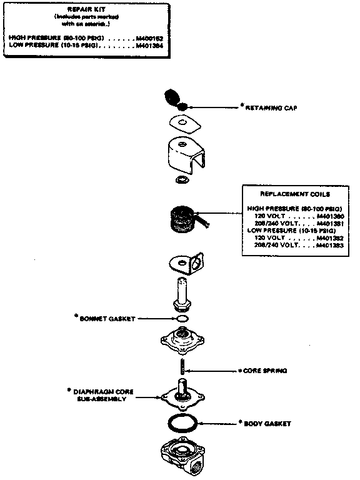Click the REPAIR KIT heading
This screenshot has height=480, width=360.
(88, 10)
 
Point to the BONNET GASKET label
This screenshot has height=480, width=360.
(104, 318)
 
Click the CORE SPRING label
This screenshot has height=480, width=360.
(264, 371)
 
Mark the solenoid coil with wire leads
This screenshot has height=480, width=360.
(181, 221)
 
